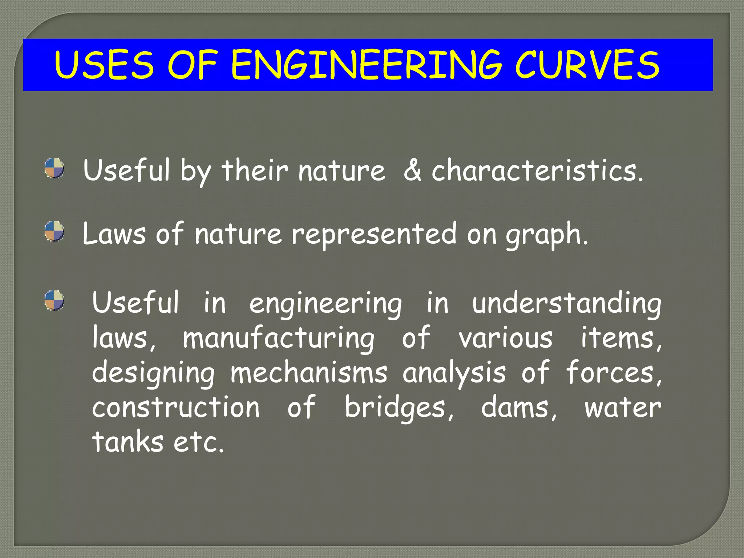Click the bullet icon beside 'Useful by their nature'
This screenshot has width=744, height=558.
point(54,168)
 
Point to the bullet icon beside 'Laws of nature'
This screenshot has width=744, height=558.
point(54,231)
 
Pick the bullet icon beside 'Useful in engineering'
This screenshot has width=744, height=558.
point(54,300)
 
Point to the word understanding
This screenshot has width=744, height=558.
point(566,304)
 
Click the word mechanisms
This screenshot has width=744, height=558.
point(309,373)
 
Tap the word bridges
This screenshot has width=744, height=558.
point(399,408)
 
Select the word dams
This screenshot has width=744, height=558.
point(519,408)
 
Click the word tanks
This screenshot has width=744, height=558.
point(128,442)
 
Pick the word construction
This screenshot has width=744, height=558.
point(176,408)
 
